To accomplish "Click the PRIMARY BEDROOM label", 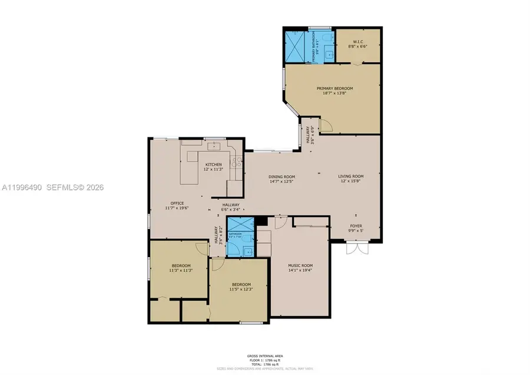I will pos(333,88).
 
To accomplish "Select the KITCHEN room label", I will pos(213,164).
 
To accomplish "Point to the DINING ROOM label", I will pos(281,177).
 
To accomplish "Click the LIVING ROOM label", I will pos(350,176).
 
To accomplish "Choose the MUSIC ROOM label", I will pos(300,265).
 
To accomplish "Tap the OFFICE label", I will pos(177,203).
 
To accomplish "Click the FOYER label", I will pos(356,226).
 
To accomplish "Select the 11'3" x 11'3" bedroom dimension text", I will pos(181,271).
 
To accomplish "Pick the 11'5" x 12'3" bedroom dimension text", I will pos(240,289).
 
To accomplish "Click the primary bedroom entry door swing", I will pos(326,125).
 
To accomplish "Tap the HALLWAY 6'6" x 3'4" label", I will pos(230,207).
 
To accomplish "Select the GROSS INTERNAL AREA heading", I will pos(265,356).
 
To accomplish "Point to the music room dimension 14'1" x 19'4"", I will pos(300,270).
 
